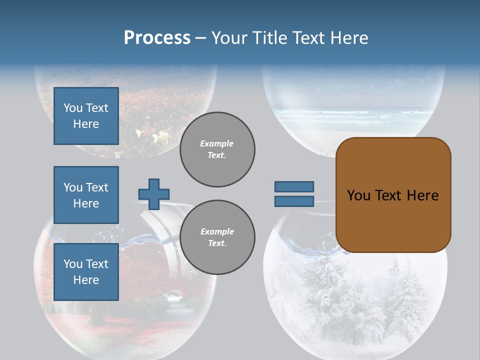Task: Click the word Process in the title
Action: (157, 38)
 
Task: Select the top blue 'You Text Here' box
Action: (86, 116)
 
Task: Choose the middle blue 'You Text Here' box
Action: (86, 195)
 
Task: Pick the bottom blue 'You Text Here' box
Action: (86, 272)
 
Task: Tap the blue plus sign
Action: (154, 194)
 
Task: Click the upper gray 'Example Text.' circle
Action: (217, 149)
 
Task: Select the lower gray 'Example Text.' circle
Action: (217, 237)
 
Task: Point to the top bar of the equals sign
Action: (294, 187)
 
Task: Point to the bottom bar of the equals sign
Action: (294, 201)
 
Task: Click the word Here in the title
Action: (349, 38)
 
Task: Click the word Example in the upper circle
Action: (217, 143)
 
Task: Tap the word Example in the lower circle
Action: (217, 231)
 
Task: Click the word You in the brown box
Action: (358, 195)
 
